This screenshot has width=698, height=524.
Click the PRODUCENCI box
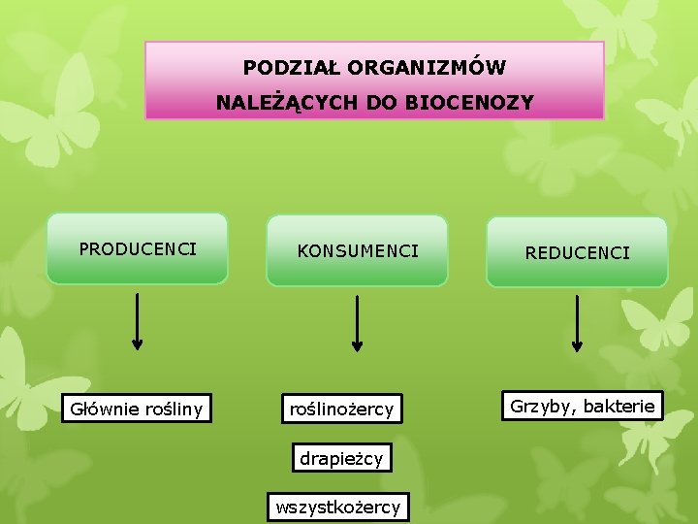pyautogui.click(x=137, y=248)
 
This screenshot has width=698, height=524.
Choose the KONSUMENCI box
pyautogui.click(x=358, y=251)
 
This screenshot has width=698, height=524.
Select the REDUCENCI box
pyautogui.click(x=577, y=252)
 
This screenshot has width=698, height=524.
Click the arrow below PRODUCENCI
pyautogui.click(x=138, y=320)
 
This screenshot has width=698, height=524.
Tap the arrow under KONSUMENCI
pyautogui.click(x=358, y=322)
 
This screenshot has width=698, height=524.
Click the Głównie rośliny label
pyautogui.click(x=136, y=409)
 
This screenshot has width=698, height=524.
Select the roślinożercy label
pyautogui.click(x=341, y=409)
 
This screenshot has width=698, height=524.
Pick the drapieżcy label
pyautogui.click(x=341, y=457)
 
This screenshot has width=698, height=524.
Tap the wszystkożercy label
pyautogui.click(x=337, y=507)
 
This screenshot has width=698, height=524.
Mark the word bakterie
pyautogui.click(x=620, y=406)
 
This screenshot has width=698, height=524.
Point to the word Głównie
pyautogui.click(x=103, y=409)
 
